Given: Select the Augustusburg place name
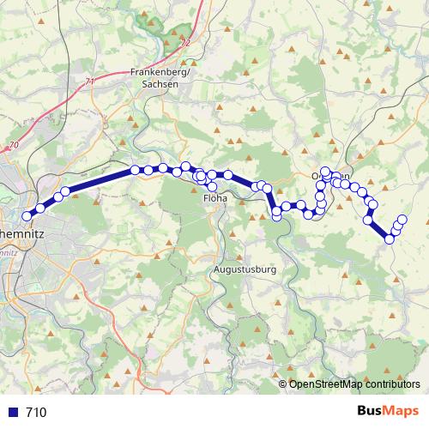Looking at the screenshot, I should pyautogui.click(x=245, y=269).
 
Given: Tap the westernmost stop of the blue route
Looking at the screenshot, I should pyautogui.click(x=27, y=216).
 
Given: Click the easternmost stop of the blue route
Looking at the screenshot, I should pyautogui.click(x=402, y=220).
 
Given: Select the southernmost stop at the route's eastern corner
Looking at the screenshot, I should pyautogui.click(x=390, y=239).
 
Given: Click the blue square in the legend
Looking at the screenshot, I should pyautogui.click(x=12, y=413).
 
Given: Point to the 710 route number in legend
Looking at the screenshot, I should pyautogui.click(x=36, y=413).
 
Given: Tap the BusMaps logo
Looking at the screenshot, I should pyautogui.click(x=387, y=412).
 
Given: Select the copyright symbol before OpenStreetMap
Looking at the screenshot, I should pyautogui.click(x=283, y=384).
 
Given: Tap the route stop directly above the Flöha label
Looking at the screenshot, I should pyautogui.click(x=212, y=186).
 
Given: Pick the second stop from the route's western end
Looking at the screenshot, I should pyautogui.click(x=39, y=208).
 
